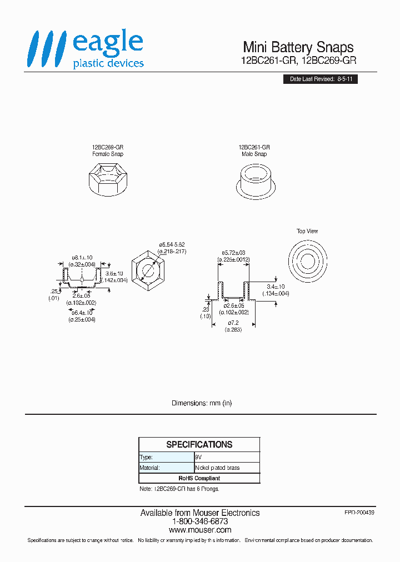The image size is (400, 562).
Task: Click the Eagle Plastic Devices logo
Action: coord(86,50)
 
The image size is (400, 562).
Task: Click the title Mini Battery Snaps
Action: coord(298,47)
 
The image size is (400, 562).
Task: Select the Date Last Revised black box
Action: coord(319,79)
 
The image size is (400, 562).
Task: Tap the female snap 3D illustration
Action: coord(108,179)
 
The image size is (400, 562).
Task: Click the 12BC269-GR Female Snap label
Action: coord(108,150)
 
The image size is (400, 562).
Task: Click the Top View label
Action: coord(307,231)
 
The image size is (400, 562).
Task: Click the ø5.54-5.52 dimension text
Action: coord(173,245)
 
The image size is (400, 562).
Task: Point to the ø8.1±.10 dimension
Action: coord(82,257)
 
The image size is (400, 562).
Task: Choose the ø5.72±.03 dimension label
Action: coord(233,253)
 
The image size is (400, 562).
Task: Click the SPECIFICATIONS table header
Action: coord(199,444)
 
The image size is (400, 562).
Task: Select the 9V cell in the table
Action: coord(227,457)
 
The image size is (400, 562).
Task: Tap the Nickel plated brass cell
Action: coord(227,468)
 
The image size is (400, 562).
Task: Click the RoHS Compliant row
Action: coord(199,478)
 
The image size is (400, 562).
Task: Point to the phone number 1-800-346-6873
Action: coord(199,522)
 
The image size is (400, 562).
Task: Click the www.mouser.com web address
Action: coord(199,530)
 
